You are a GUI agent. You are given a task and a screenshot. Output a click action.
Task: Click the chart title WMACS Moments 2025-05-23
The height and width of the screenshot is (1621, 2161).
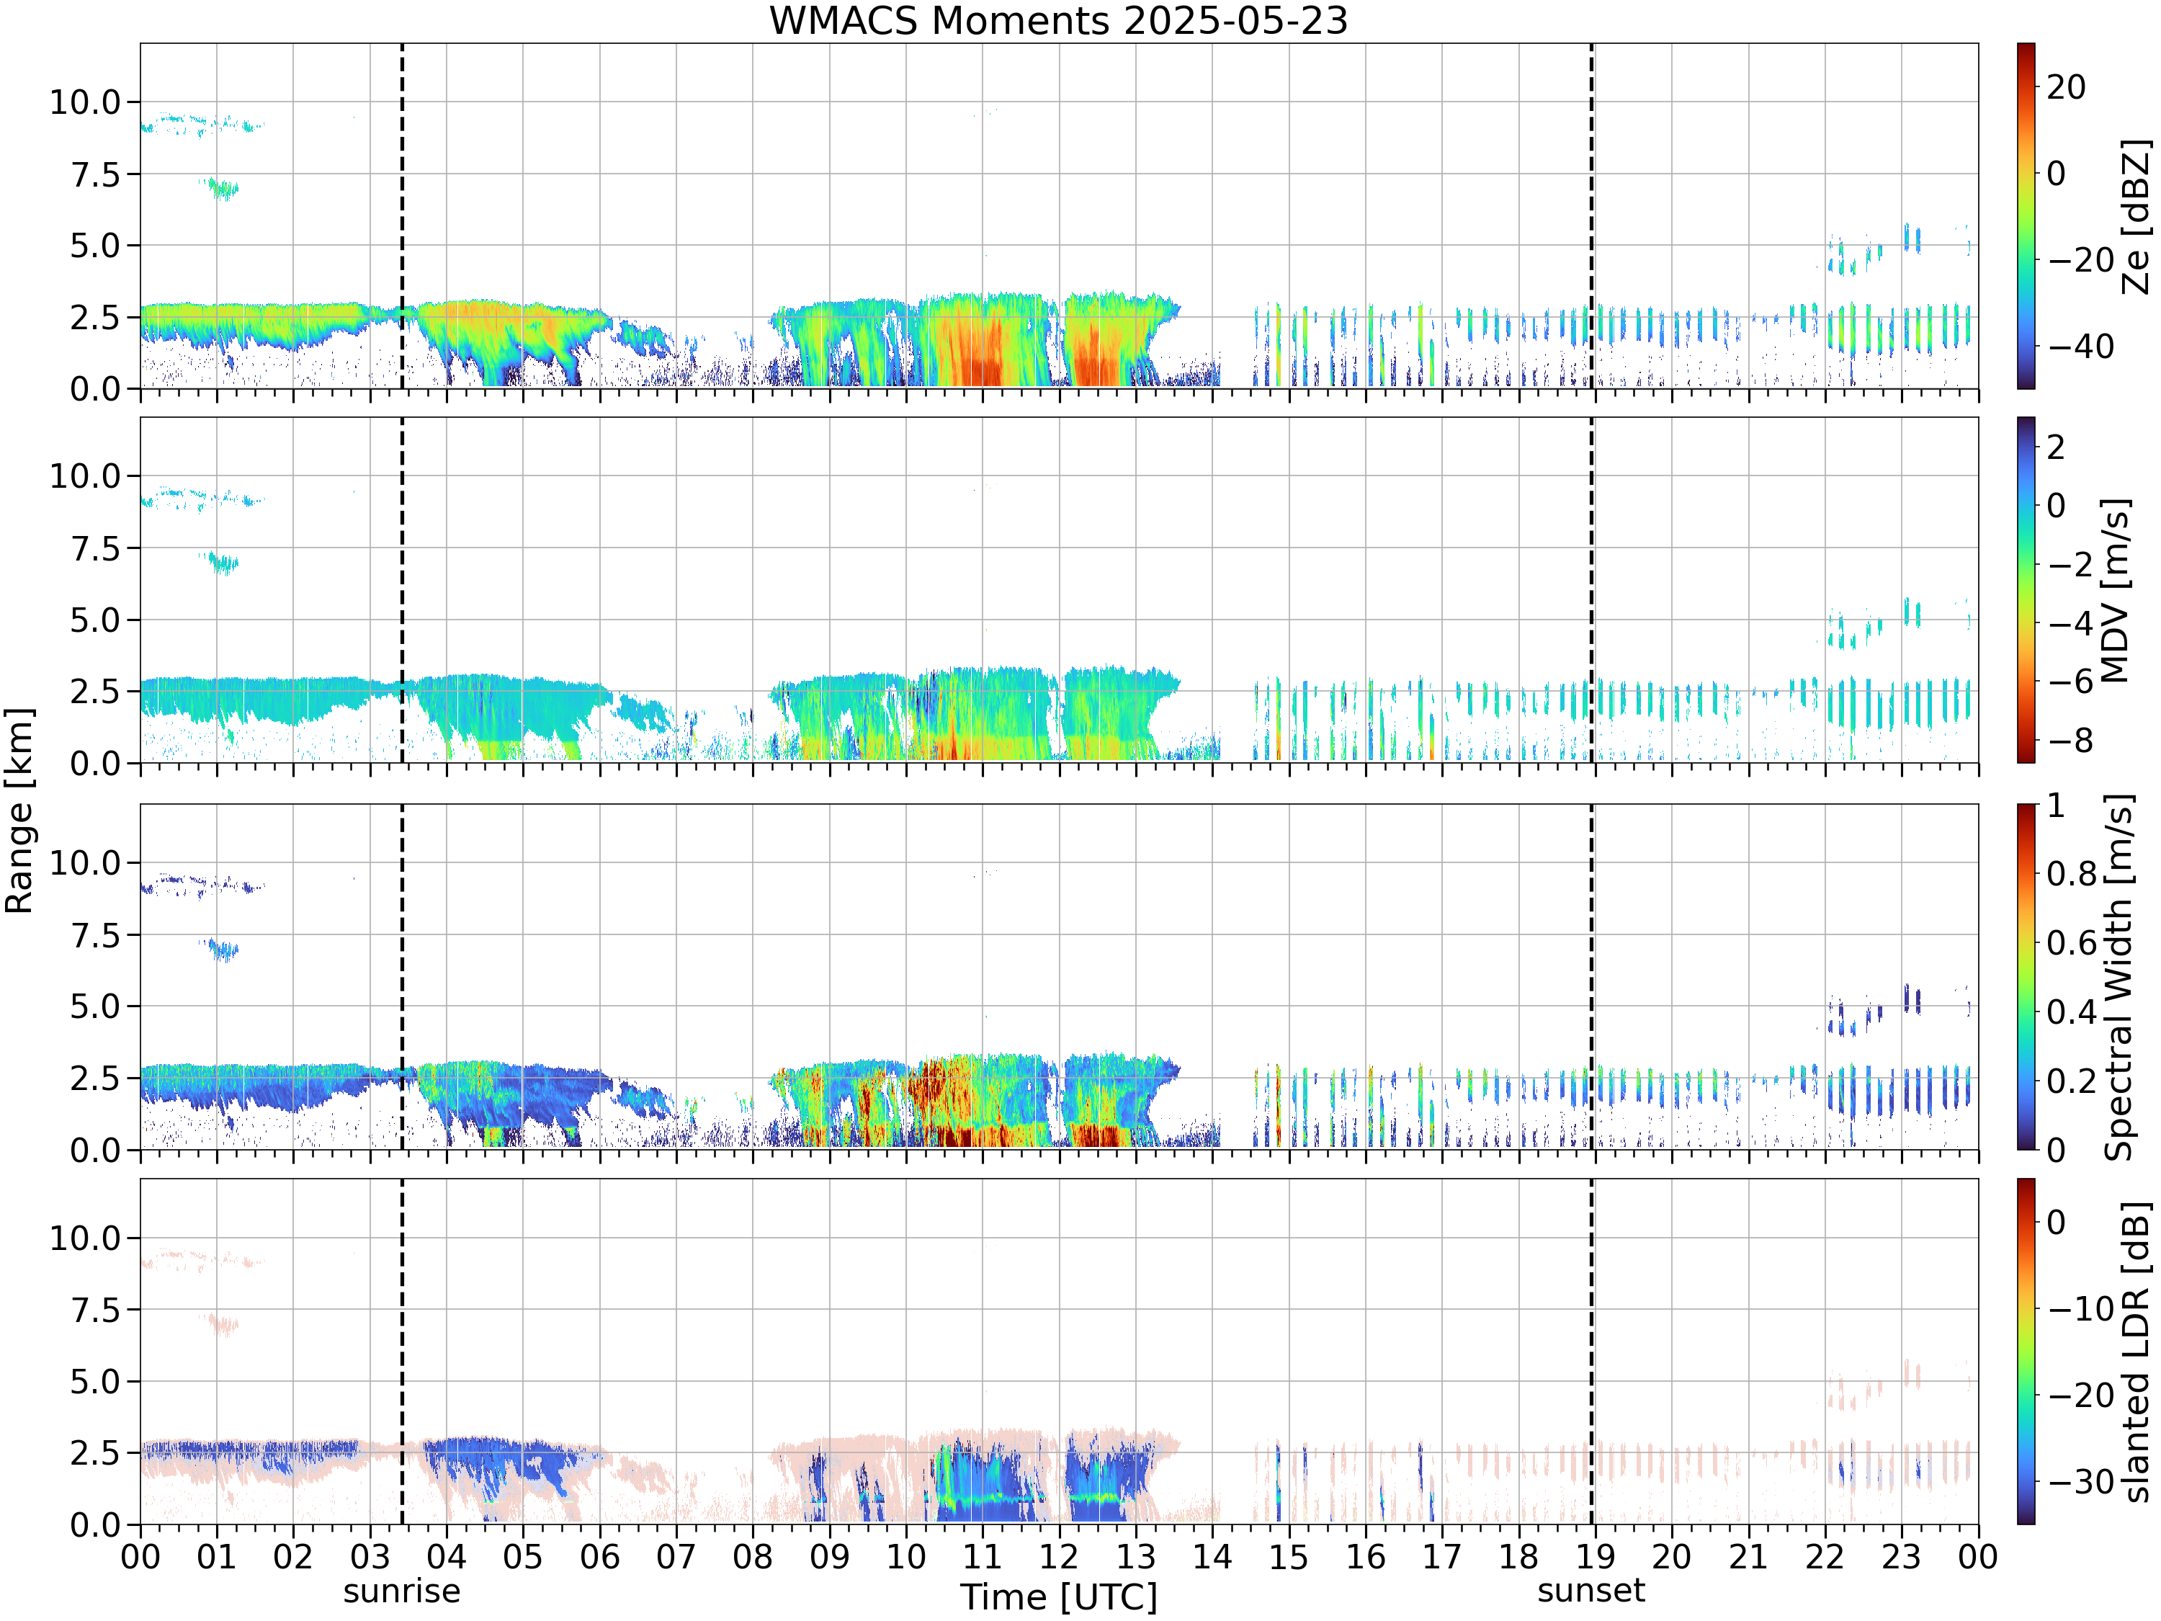(1058, 20)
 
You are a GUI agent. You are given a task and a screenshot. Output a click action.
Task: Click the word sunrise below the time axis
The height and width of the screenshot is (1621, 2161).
(401, 1591)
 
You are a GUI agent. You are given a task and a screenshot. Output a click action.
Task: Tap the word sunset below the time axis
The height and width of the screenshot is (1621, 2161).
(1591, 1591)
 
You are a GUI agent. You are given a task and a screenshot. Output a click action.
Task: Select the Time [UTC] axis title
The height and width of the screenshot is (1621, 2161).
(1058, 1597)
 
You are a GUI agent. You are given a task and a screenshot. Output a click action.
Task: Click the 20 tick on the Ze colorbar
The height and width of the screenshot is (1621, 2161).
(2066, 87)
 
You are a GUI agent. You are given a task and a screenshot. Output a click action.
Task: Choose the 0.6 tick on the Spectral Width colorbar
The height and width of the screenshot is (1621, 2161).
(2072, 943)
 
